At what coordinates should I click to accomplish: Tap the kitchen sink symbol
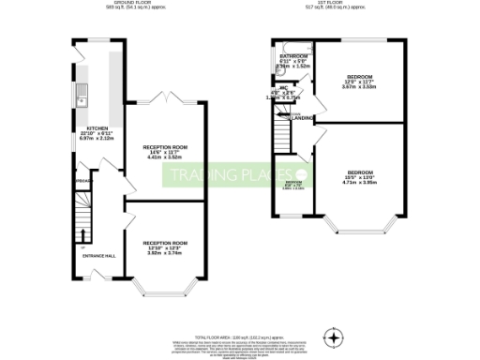82,93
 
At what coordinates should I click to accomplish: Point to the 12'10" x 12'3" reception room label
165,247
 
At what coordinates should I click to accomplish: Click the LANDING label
303,118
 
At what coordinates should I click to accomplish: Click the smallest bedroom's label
293,185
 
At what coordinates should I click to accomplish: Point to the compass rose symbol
334,336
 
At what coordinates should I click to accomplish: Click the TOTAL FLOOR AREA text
241,335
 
